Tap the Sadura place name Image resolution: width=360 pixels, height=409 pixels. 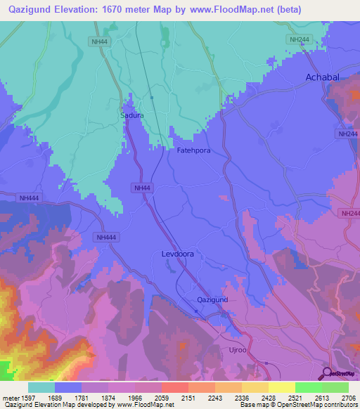coord(131,115)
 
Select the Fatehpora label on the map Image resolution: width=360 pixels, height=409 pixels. coord(193,150)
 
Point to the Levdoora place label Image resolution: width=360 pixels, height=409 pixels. coord(177,254)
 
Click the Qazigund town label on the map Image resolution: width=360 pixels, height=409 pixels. coord(212,299)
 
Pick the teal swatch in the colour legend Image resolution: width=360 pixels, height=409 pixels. coord(41,387)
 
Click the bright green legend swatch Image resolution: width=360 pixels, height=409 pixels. coord(309,387)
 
